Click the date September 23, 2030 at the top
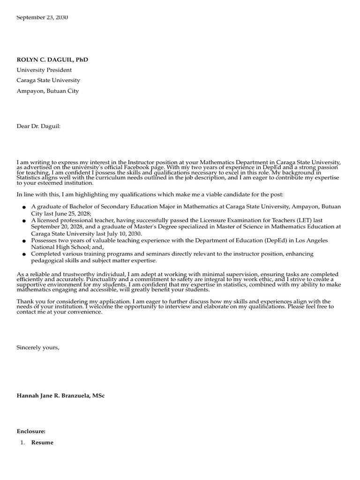pyautogui.click(x=42, y=17)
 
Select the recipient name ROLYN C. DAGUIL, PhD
pyautogui.click(x=52, y=60)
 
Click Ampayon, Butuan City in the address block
pyautogui.click(x=47, y=91)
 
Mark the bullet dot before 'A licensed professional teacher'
pyautogui.click(x=23, y=220)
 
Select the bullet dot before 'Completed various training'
pyautogui.click(x=23, y=254)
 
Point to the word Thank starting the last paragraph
pyautogui.click(x=25, y=301)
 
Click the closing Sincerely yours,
pyautogui.click(x=38, y=347)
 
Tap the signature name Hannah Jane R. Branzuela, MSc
pyautogui.click(x=60, y=396)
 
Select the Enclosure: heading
pyautogui.click(x=31, y=430)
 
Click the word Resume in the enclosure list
pyautogui.click(x=42, y=442)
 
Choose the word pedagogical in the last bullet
pyautogui.click(x=49, y=261)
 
